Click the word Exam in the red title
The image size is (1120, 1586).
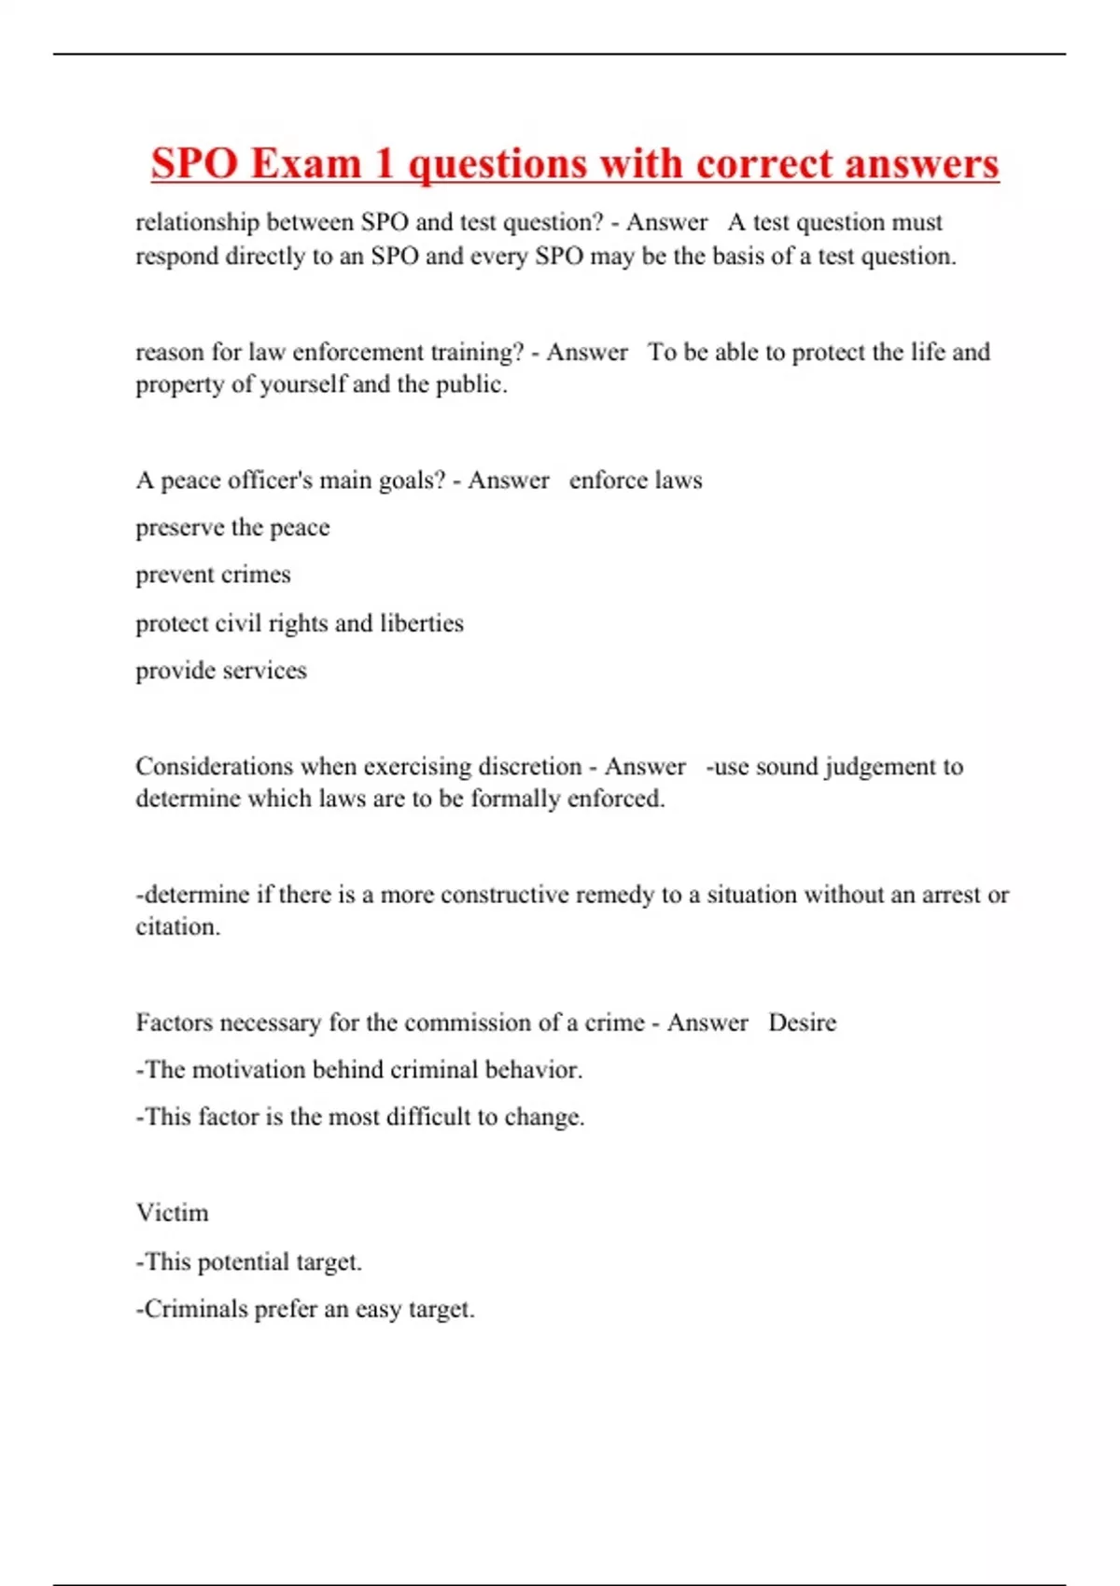click(305, 164)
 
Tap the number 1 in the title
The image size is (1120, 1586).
click(384, 164)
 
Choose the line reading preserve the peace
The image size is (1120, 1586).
click(232, 528)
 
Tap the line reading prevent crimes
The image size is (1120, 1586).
click(213, 575)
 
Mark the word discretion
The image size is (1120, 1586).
click(529, 767)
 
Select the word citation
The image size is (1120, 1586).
click(177, 927)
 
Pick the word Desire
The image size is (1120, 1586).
click(802, 1023)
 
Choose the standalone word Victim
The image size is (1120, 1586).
click(173, 1213)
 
